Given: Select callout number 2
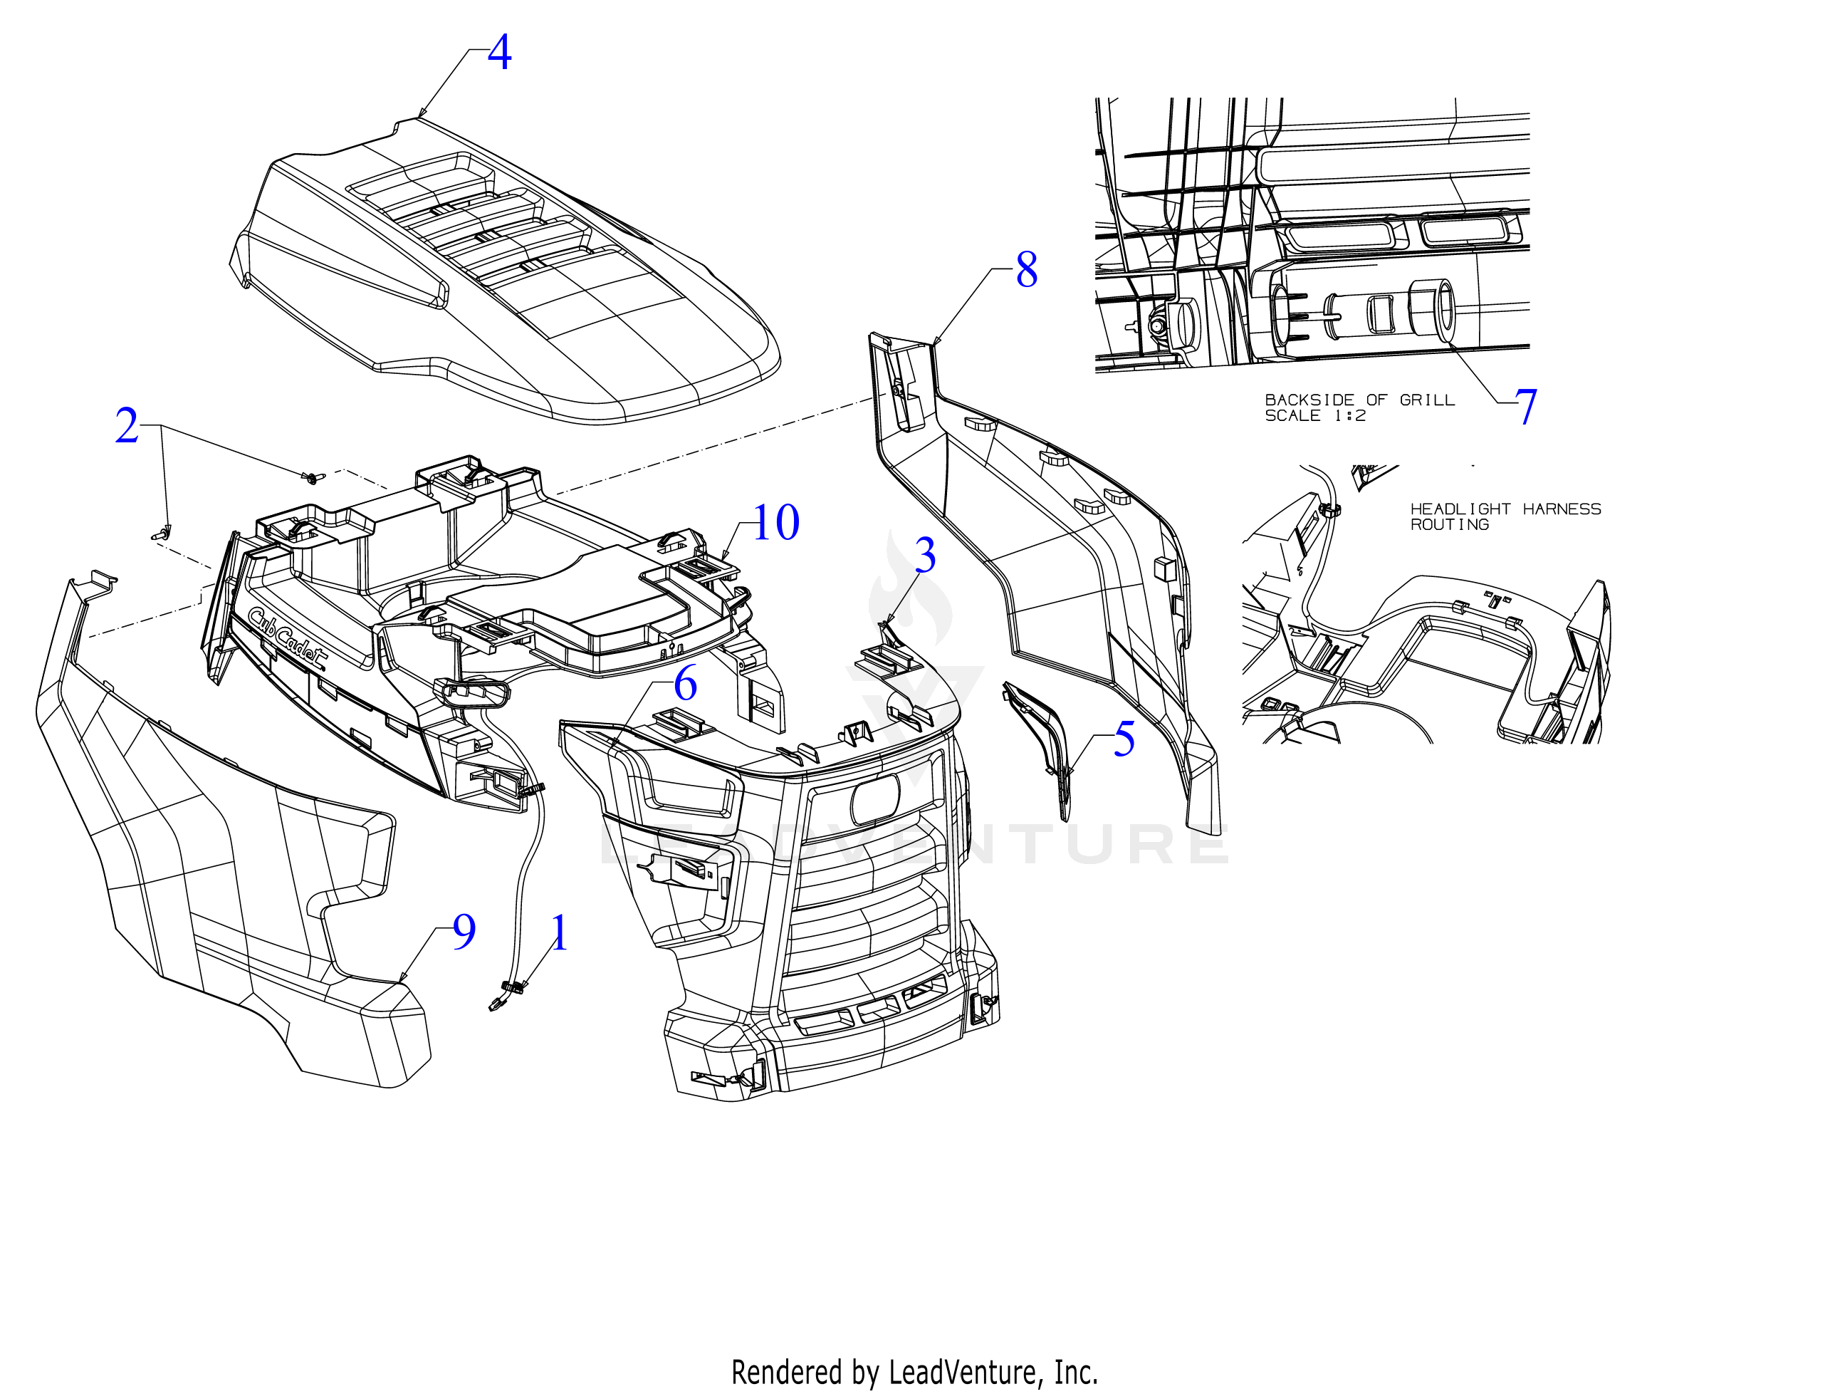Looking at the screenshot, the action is (x=127, y=426).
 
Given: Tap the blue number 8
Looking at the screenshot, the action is (x=1027, y=270).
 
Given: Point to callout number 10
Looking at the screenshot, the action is (x=775, y=523).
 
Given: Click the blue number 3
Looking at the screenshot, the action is (x=925, y=555).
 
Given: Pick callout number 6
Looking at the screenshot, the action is (x=685, y=684).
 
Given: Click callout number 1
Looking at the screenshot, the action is (x=560, y=932).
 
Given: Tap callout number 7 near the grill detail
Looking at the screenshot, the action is (x=1527, y=407).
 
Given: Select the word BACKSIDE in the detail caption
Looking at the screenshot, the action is (x=1309, y=400).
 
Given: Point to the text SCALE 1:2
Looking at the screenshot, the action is (x=1315, y=416).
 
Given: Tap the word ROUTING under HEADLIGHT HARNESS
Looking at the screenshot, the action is (x=1450, y=524).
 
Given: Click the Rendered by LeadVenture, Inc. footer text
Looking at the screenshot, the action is (x=914, y=1373).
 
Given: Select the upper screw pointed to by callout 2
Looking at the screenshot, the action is (x=311, y=478).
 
